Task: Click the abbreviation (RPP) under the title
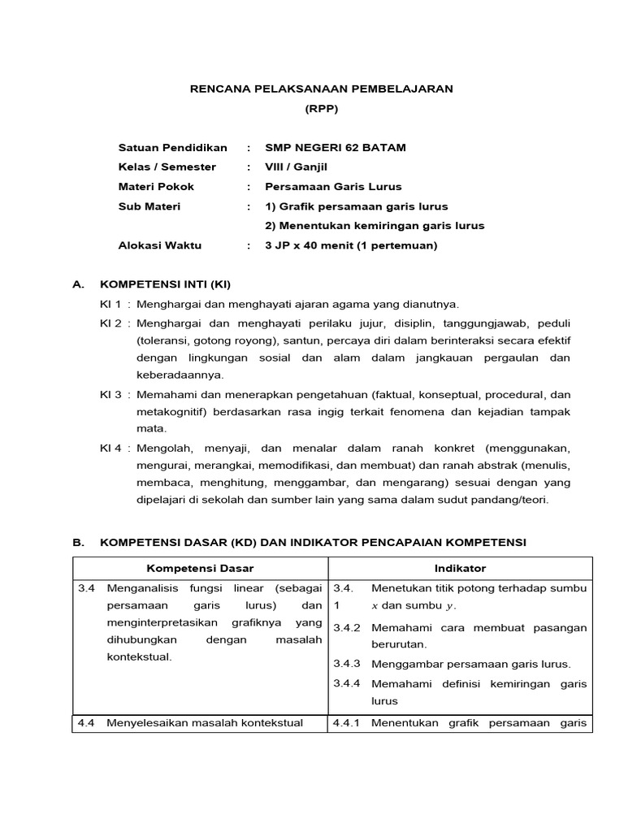[322, 108]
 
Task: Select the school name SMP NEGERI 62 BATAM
[336, 147]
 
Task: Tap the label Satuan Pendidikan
[172, 147]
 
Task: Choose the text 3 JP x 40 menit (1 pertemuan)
[351, 245]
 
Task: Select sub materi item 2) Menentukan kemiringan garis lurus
[375, 225]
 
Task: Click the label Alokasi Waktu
[160, 245]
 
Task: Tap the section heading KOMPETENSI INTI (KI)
[165, 284]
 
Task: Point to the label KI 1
[110, 304]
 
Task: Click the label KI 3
[110, 395]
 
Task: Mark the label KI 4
[110, 448]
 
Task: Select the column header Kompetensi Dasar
[198, 568]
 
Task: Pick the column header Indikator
[460, 568]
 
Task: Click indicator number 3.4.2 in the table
[347, 627]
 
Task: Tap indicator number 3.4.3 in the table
[347, 663]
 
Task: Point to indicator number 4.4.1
[347, 721]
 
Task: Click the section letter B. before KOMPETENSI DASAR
[79, 541]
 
